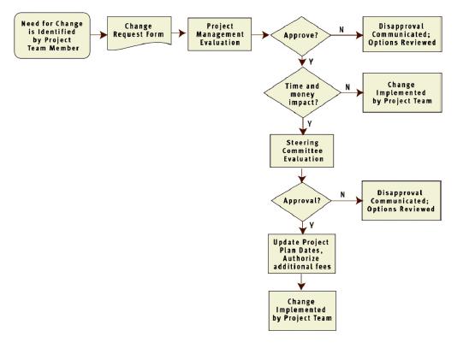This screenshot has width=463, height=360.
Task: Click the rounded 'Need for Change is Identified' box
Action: coord(52,35)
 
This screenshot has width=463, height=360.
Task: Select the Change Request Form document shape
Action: coord(139,33)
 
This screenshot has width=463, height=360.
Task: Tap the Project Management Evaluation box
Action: coord(219,34)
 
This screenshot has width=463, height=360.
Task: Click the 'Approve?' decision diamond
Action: coord(301,36)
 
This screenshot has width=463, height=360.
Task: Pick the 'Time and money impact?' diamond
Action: coord(302,92)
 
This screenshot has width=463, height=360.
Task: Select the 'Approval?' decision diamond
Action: coord(301,201)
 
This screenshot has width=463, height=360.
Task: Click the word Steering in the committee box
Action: coord(302,143)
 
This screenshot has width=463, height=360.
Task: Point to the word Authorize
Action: coord(300,258)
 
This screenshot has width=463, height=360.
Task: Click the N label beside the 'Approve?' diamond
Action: coord(341,30)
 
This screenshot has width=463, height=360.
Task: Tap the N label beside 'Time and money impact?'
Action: coord(347,87)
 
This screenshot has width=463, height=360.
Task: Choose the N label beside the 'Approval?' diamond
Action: coord(342,194)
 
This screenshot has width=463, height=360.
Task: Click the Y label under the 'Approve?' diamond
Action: coord(311,62)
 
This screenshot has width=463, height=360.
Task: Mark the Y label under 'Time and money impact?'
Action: coord(310,124)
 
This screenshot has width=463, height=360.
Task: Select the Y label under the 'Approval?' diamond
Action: coord(312,226)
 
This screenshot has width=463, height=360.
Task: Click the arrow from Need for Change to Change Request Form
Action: coord(98,35)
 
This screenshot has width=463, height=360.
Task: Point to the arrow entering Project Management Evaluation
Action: coord(179,32)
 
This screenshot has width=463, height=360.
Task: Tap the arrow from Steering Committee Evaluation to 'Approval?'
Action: coord(302,175)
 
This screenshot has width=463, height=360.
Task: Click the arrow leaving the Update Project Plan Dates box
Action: coord(301,282)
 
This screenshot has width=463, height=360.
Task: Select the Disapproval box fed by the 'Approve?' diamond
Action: coord(402,34)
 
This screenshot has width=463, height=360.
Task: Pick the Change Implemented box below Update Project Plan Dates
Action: coord(302,310)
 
